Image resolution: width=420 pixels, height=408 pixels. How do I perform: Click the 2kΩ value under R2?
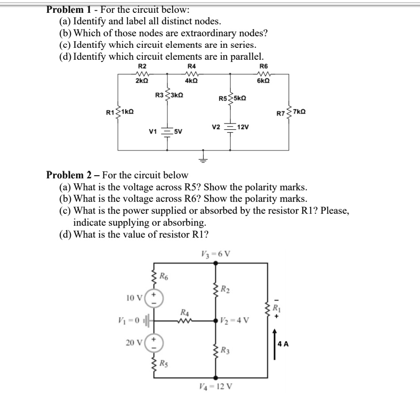pos(142,81)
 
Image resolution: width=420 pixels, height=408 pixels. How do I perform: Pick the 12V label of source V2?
pos(244,127)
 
